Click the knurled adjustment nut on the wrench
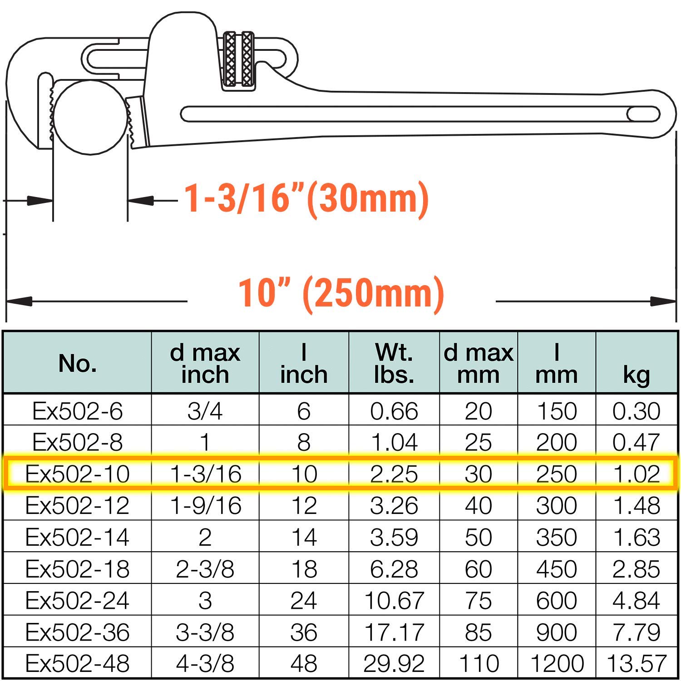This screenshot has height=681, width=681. [x=239, y=59]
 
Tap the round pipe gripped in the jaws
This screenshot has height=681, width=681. [x=90, y=117]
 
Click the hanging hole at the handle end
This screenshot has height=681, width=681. [x=644, y=114]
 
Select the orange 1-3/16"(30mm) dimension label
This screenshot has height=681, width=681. [x=306, y=198]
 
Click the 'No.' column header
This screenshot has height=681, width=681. [x=78, y=363]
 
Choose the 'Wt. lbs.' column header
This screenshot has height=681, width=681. [x=394, y=363]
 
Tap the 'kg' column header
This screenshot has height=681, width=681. [x=636, y=375]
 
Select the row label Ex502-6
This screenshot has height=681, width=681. [x=78, y=411]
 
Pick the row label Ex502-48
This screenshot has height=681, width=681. [x=78, y=664]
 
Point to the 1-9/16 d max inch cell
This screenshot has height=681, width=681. [x=205, y=506]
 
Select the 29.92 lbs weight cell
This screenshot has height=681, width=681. [x=394, y=664]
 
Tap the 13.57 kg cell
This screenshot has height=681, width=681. [x=636, y=664]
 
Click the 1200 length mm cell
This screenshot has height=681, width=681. [x=557, y=664]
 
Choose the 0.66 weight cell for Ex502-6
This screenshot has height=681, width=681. [x=394, y=411]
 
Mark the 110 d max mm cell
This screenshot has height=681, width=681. [x=479, y=664]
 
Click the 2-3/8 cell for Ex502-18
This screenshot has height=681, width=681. [x=205, y=569]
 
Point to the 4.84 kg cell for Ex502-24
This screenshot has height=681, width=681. [x=636, y=601]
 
